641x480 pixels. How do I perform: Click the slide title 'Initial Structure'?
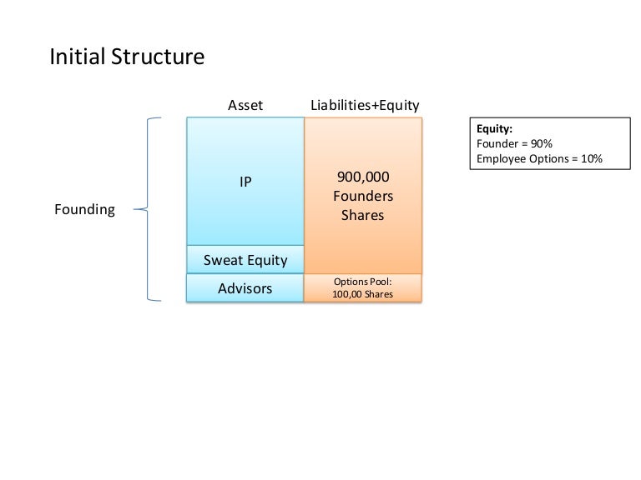click(x=127, y=57)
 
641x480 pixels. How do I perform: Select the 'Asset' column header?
click(x=245, y=105)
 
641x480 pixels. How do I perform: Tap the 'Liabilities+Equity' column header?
click(x=365, y=105)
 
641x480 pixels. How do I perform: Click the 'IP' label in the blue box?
click(x=245, y=181)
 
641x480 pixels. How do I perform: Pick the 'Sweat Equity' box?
click(x=245, y=260)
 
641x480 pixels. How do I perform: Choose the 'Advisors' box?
click(x=245, y=288)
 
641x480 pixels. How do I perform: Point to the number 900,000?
click(x=363, y=177)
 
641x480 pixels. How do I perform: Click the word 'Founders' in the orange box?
click(x=363, y=196)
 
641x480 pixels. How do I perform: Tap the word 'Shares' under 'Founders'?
click(x=363, y=215)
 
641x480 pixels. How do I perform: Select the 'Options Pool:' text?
click(x=363, y=282)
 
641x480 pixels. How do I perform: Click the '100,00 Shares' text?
click(x=363, y=295)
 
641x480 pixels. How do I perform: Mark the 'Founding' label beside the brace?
click(x=84, y=209)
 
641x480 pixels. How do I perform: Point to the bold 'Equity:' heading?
click(x=494, y=129)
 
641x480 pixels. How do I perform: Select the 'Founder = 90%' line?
click(x=514, y=143)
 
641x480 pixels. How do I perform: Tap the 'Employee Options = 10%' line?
click(x=539, y=158)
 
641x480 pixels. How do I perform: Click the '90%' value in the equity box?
click(x=542, y=143)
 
